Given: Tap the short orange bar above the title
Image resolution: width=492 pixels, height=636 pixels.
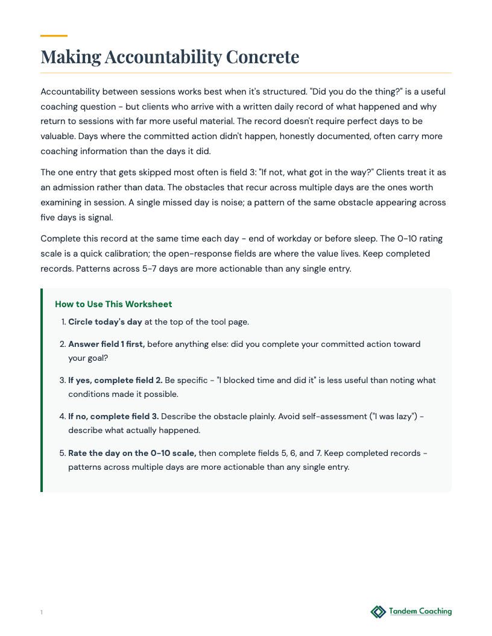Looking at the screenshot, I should (x=54, y=36).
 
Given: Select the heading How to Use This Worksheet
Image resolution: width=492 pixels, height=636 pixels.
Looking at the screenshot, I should (x=113, y=304).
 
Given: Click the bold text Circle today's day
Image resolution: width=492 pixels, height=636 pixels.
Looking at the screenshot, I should (x=106, y=322).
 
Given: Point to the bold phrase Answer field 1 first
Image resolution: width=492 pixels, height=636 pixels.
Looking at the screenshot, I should (x=107, y=344).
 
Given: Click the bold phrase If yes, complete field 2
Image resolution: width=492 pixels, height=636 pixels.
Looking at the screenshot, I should (x=115, y=380).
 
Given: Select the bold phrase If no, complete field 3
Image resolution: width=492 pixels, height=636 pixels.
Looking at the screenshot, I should (x=113, y=416).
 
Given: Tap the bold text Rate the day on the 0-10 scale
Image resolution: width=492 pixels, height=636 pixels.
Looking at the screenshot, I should (x=132, y=452).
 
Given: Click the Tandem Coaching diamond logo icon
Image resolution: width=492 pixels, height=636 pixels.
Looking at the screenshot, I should (x=378, y=612).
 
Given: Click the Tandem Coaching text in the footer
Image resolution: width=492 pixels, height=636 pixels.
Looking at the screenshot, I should (x=420, y=611).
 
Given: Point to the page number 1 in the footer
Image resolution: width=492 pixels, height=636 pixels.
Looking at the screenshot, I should (x=42, y=613).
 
